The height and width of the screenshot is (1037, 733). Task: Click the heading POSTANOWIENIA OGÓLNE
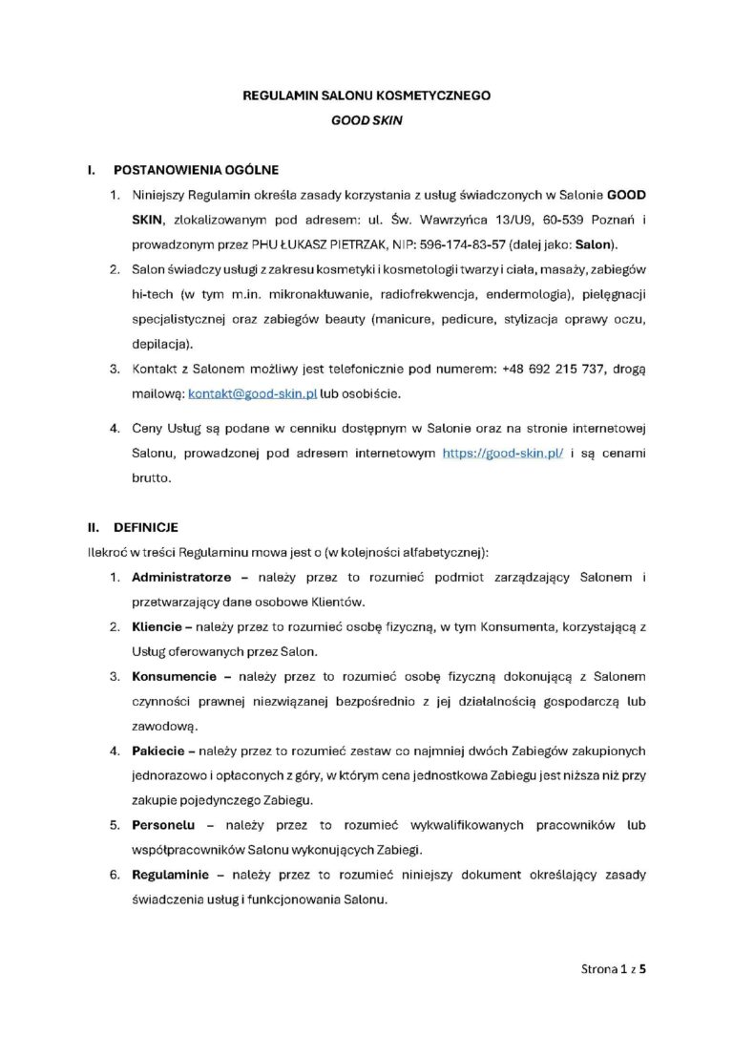(196, 171)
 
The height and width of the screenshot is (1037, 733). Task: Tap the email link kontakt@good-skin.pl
(239, 392)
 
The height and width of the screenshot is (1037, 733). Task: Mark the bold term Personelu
(166, 825)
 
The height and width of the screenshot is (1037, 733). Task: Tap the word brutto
(152, 479)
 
